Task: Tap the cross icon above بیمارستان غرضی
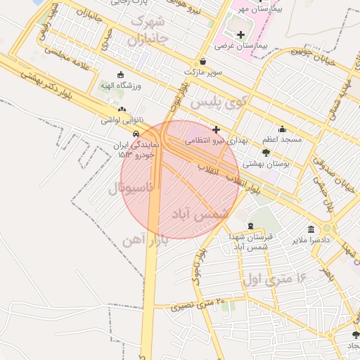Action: [x=241, y=34]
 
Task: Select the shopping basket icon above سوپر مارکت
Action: [x=203, y=61]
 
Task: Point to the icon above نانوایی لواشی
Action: [x=123, y=110]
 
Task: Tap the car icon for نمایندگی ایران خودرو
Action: [x=136, y=134]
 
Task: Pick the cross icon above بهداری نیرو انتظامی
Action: [x=216, y=129]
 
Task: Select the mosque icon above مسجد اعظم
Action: [x=282, y=129]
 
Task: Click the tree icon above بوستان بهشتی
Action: [x=265, y=153]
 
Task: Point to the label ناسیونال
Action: [x=127, y=188]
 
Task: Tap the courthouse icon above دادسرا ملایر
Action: [x=311, y=229]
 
